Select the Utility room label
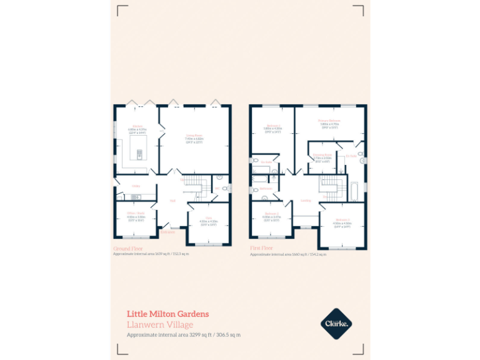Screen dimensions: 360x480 click(x=136, y=186)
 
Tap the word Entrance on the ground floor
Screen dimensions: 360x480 click(x=167, y=232)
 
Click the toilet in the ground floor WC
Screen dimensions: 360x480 click(x=219, y=178)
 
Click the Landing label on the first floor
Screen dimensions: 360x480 click(x=306, y=201)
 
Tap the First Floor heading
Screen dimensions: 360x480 click(x=262, y=248)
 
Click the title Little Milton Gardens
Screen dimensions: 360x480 click(x=167, y=314)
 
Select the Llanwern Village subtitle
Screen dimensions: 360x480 click(x=160, y=324)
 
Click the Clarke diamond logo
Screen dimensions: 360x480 click(x=337, y=322)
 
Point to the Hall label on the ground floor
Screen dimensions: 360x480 click(x=172, y=201)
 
